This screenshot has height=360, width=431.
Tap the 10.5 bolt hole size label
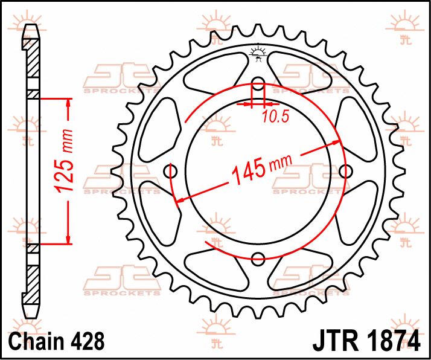[272, 116]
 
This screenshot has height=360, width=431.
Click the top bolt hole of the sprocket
[258, 84]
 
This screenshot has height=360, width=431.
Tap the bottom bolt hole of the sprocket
[258, 259]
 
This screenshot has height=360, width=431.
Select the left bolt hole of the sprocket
[171, 172]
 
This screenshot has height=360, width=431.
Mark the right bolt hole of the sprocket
[345, 172]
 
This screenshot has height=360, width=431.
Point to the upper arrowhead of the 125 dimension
[68, 104]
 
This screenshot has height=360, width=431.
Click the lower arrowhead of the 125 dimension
[68, 239]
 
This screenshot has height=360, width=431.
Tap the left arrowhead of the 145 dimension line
[179, 199]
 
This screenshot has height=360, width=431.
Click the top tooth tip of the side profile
[30, 28]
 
